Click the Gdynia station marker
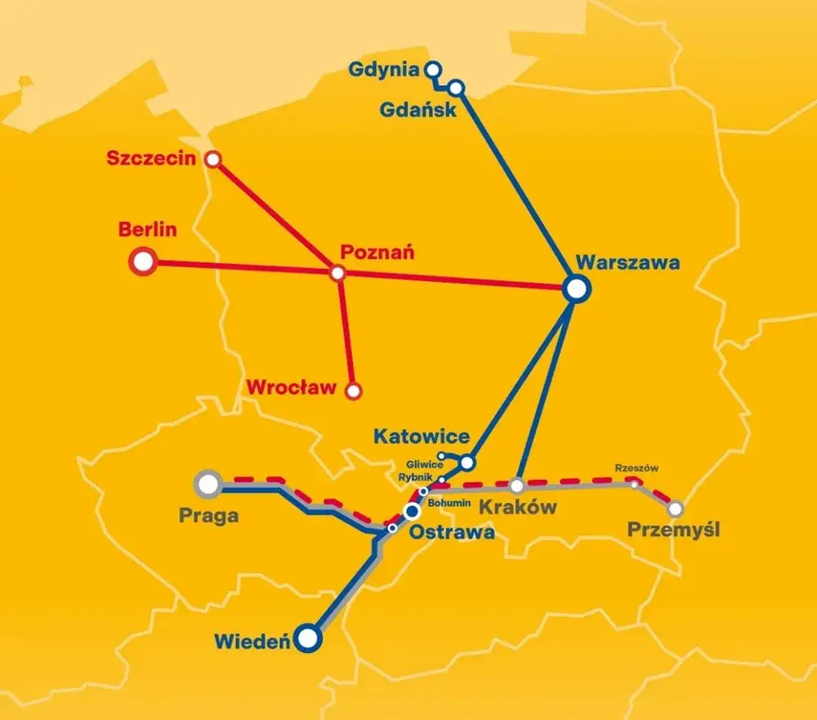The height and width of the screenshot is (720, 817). pyautogui.click(x=433, y=69)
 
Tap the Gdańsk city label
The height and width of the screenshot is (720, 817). pyautogui.click(x=417, y=109)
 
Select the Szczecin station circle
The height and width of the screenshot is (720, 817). pyautogui.click(x=212, y=159)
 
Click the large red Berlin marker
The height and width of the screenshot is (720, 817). pyautogui.click(x=144, y=262)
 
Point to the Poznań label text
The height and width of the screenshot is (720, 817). pyautogui.click(x=377, y=252)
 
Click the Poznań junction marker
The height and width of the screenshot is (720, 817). pyautogui.click(x=337, y=273)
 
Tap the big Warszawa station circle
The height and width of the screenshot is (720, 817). pyautogui.click(x=576, y=288)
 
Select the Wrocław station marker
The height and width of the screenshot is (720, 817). pyautogui.click(x=354, y=391)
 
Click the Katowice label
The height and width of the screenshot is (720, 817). pyautogui.click(x=422, y=436)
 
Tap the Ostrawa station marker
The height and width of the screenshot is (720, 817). pyautogui.click(x=412, y=511)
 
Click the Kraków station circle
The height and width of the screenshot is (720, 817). pyautogui.click(x=516, y=485)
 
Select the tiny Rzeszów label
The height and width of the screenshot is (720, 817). pyautogui.click(x=636, y=468)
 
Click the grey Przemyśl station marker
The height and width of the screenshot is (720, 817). pyautogui.click(x=675, y=508)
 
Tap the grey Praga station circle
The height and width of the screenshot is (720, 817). pyautogui.click(x=208, y=484)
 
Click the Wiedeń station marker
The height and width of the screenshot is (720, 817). pyautogui.click(x=307, y=638)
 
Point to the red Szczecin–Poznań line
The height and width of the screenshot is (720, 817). pyautogui.click(x=274, y=215)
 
